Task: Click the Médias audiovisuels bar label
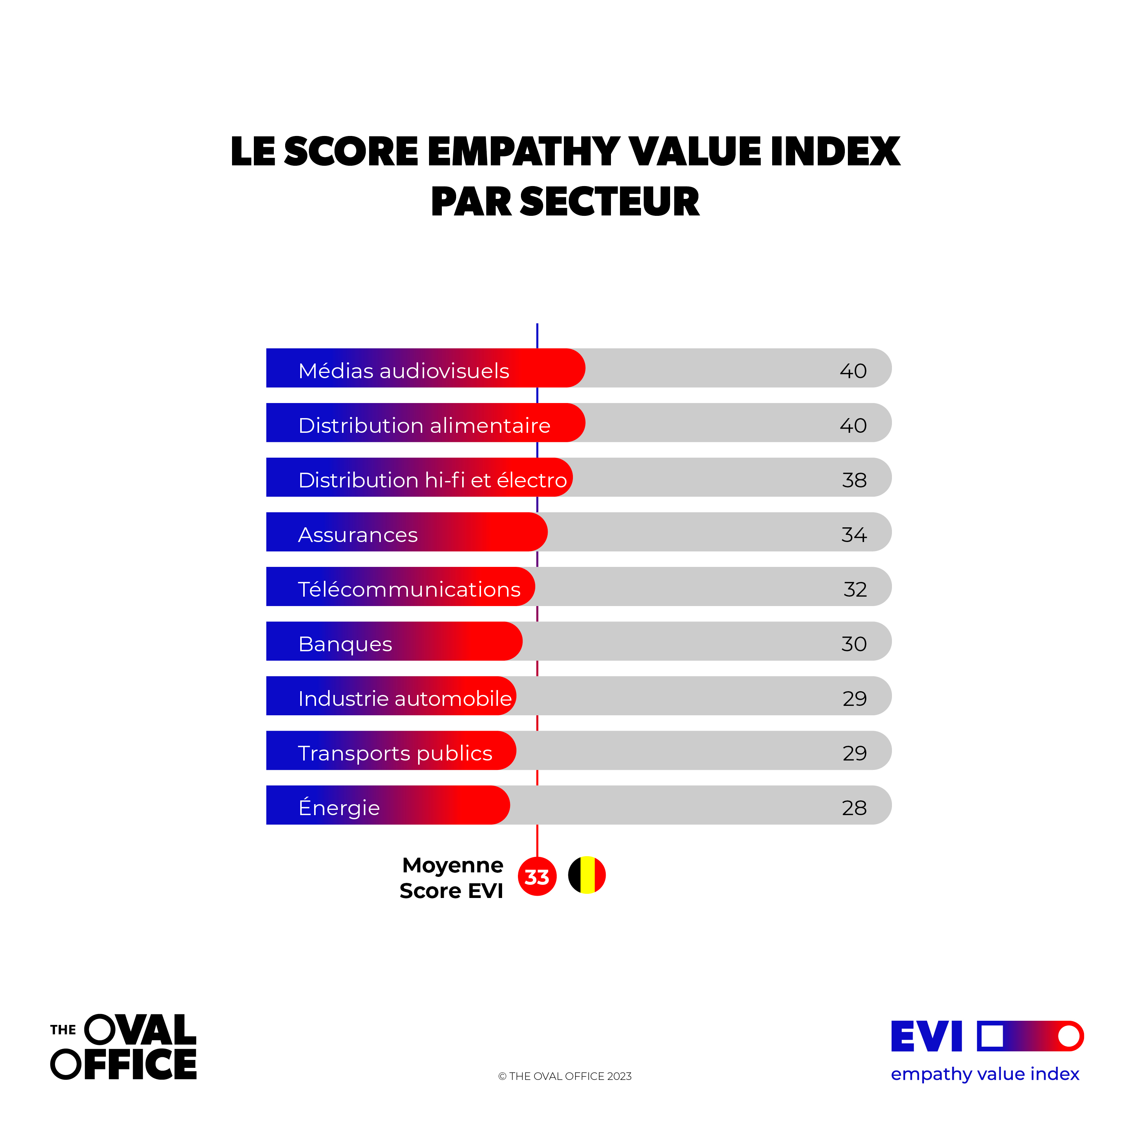tap(403, 371)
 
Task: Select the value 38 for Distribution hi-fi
tap(854, 480)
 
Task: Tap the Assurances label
tap(358, 534)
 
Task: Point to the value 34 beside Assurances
tap(854, 534)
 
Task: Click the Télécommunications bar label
tap(409, 589)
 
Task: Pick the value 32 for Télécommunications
tap(855, 589)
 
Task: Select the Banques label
tap(345, 644)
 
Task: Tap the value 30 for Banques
tap(854, 644)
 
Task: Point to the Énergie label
tap(339, 807)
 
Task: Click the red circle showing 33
tap(537, 876)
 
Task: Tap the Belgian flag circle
tap(586, 875)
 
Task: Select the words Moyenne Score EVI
tap(452, 878)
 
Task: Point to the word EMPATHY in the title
tap(524, 151)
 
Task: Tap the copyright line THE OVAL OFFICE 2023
tap(565, 1076)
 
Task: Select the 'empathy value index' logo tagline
tap(985, 1074)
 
